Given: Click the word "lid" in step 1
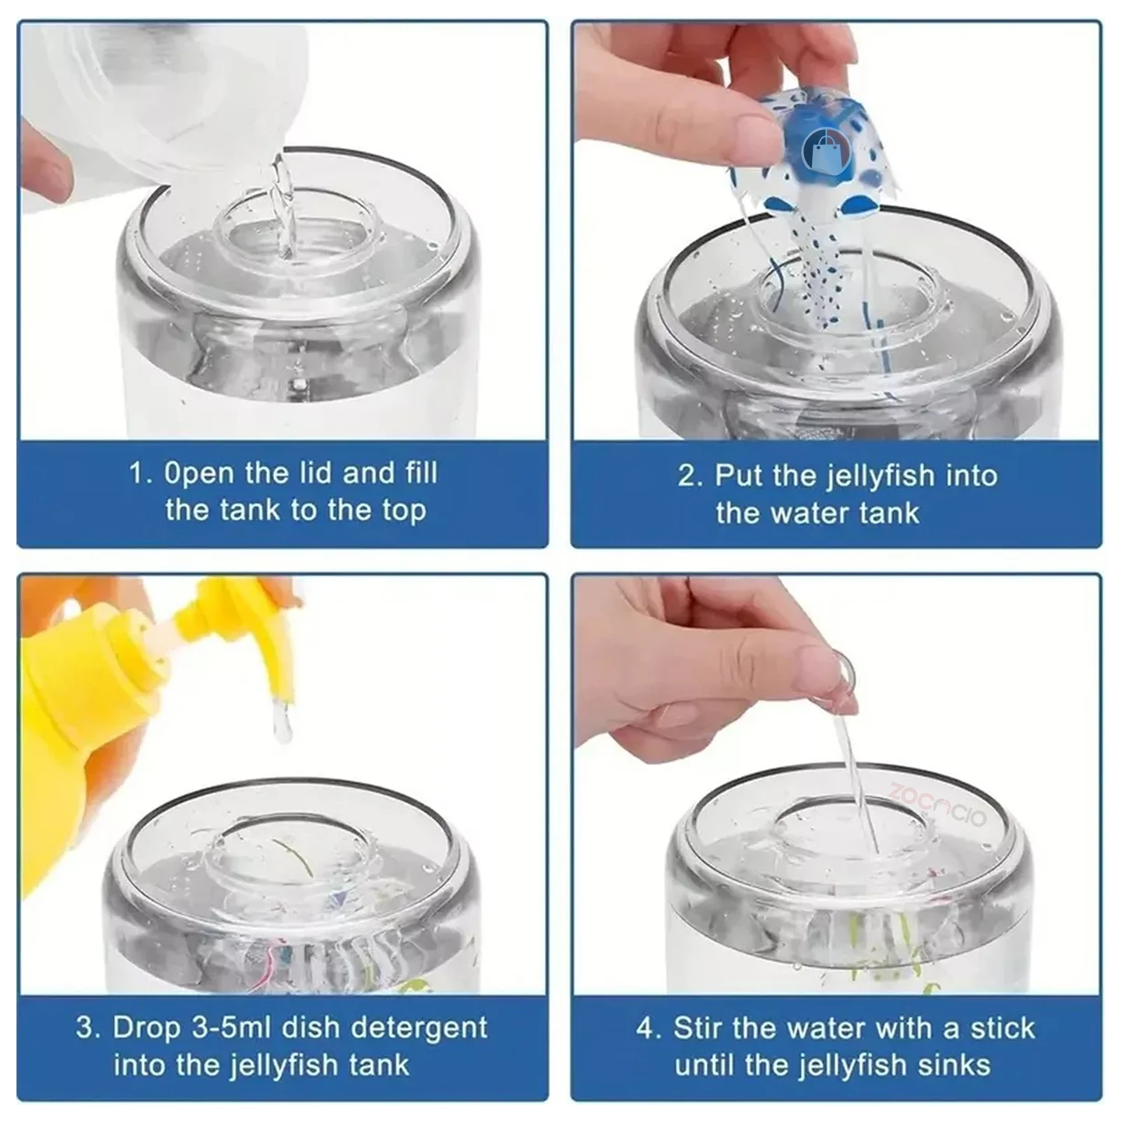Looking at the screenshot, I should (x=315, y=473).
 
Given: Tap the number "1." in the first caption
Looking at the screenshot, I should (x=141, y=473).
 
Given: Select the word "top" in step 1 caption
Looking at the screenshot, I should (x=404, y=511).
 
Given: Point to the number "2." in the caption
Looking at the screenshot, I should (x=690, y=476).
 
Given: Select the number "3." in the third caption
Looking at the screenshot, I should (x=89, y=1028).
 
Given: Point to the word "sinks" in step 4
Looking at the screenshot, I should (x=958, y=1065).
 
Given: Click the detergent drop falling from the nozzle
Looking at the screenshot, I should (x=283, y=722).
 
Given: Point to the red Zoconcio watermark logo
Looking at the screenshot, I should (x=938, y=804).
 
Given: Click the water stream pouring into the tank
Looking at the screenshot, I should (x=283, y=206).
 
